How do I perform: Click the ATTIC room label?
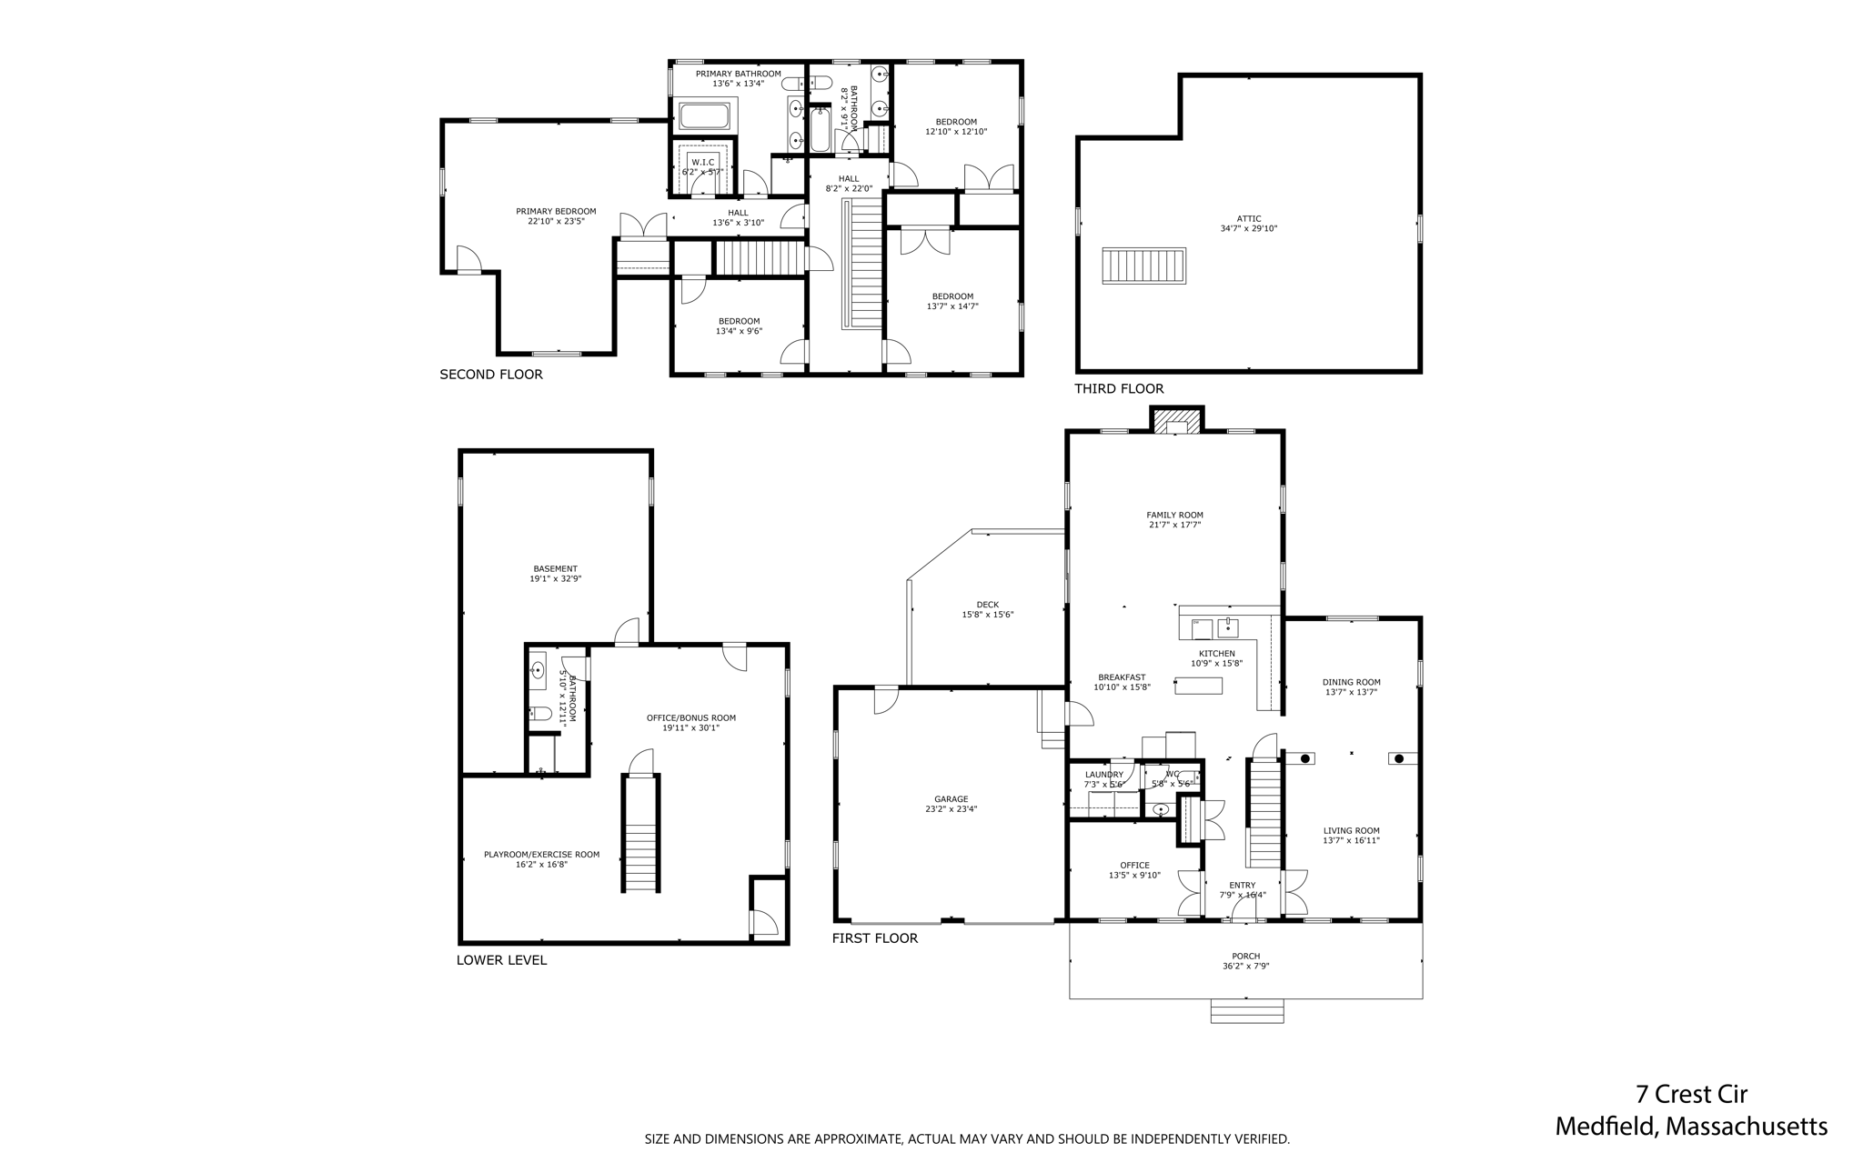tap(1248, 218)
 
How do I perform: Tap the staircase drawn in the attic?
tap(1143, 266)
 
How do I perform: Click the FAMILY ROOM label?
tap(1174, 515)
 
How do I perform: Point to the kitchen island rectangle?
tap(1198, 686)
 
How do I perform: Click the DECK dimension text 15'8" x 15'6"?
tap(987, 615)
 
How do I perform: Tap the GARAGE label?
tap(952, 799)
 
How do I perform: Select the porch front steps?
tap(1246, 1011)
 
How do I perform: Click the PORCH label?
tap(1245, 956)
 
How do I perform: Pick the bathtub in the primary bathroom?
tap(704, 116)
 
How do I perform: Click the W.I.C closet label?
tap(702, 162)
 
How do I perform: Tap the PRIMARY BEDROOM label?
tap(556, 211)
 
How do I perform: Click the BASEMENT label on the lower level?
tap(555, 568)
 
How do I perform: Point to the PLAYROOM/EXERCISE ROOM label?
tap(541, 854)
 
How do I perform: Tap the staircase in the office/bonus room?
tap(641, 833)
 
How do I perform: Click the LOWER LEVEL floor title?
tap(501, 960)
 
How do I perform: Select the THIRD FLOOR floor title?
tap(1119, 389)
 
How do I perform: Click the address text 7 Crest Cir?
tap(1691, 1094)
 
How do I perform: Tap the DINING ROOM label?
tap(1351, 682)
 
